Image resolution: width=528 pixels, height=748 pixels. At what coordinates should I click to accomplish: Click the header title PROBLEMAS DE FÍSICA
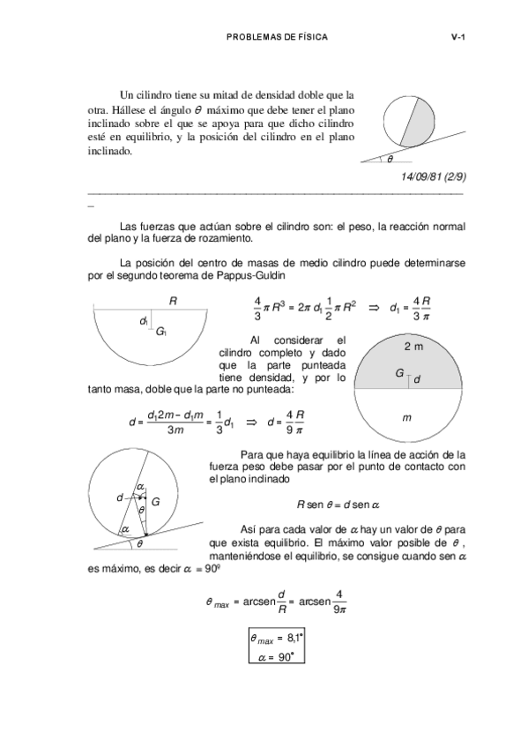276,37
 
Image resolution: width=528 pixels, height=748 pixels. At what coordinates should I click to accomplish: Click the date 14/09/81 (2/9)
433,176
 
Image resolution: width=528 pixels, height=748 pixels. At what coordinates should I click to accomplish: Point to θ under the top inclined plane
390,160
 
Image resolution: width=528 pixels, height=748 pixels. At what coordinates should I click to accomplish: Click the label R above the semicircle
174,302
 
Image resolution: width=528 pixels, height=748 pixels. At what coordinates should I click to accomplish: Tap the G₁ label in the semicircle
161,332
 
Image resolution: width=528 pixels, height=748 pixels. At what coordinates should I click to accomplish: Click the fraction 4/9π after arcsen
339,604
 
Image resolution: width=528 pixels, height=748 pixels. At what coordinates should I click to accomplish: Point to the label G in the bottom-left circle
155,501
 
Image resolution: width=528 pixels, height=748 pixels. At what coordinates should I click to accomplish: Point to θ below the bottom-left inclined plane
139,543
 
